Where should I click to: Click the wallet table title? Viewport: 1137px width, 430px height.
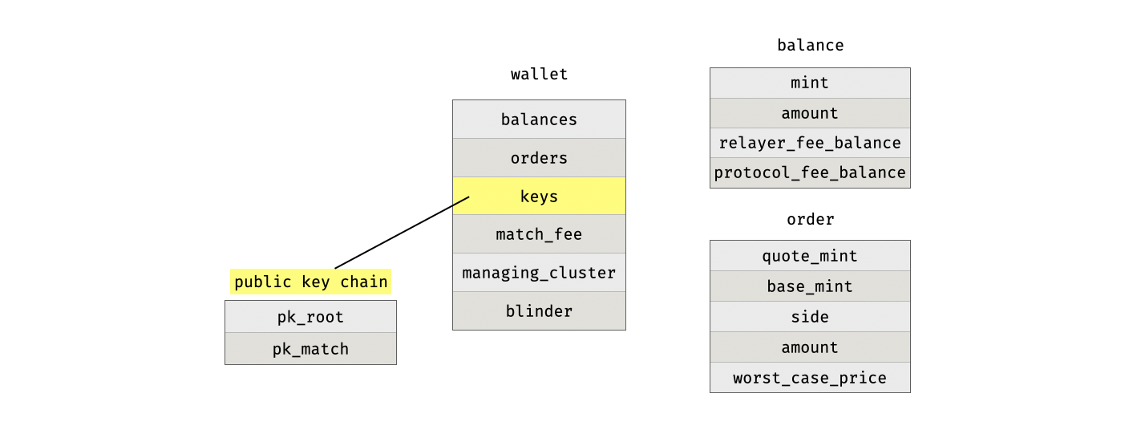(x=539, y=75)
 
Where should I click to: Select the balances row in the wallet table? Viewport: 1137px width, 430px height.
(x=539, y=120)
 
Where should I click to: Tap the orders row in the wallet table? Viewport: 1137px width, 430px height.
(x=539, y=158)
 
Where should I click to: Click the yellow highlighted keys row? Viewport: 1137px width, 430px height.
(x=539, y=197)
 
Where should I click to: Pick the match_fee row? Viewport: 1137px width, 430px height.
(x=539, y=234)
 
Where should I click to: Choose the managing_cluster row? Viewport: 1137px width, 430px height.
(x=539, y=273)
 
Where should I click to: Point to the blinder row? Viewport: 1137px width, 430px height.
(x=539, y=311)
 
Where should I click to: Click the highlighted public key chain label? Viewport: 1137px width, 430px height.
(x=310, y=282)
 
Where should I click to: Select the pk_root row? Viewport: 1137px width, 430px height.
(x=310, y=317)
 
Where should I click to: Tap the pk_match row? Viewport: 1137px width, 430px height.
(x=310, y=349)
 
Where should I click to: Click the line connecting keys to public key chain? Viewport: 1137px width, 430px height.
(x=401, y=233)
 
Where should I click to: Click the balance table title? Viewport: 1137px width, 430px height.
(x=810, y=46)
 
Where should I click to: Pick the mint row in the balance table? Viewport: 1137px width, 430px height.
(x=810, y=83)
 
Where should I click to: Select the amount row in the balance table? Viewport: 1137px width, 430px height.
(x=810, y=113)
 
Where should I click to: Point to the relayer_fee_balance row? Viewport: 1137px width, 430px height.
(x=810, y=143)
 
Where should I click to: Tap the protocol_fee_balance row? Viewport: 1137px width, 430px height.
(x=810, y=173)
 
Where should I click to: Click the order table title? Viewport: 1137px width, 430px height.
(x=810, y=219)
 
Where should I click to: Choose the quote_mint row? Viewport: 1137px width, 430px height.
(x=810, y=256)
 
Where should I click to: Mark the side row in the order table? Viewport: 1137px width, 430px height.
(x=810, y=317)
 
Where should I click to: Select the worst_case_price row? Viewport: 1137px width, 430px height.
(x=810, y=378)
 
